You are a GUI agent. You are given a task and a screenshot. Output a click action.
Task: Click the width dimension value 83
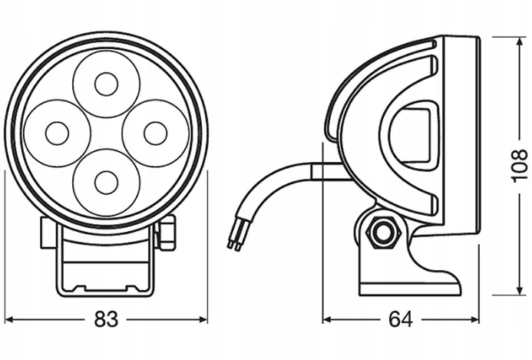[107, 319]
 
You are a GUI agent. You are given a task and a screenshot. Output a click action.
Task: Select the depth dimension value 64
[400, 319]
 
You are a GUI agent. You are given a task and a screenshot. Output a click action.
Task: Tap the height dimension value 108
[519, 164]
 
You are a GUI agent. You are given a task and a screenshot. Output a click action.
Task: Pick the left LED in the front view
[56, 133]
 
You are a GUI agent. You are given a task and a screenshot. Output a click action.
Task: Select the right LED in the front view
[155, 133]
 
